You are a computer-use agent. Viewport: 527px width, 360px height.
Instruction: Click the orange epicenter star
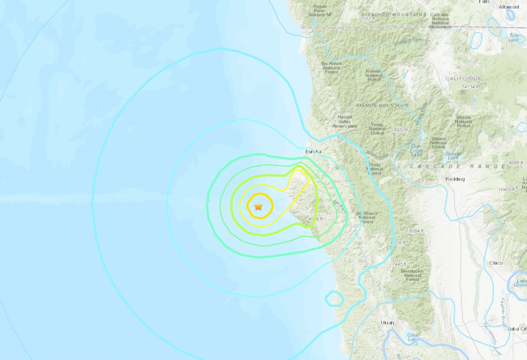(x=258, y=206)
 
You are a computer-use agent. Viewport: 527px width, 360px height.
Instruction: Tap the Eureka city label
(x=313, y=151)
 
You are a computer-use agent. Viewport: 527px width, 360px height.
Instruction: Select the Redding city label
(x=455, y=179)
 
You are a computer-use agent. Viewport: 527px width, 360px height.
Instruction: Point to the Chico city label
(x=496, y=263)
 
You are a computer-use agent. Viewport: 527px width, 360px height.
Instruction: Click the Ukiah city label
(x=387, y=323)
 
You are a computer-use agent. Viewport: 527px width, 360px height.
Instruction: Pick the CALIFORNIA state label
(x=463, y=78)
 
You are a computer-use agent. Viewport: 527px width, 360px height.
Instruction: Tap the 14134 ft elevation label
(x=470, y=87)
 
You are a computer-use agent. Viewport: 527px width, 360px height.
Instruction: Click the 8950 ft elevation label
(x=402, y=130)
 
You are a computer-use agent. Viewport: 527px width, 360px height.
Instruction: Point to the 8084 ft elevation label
(x=416, y=231)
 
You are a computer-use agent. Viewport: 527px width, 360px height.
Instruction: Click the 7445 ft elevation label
(x=399, y=264)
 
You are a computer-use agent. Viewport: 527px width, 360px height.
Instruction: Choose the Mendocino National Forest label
(x=412, y=275)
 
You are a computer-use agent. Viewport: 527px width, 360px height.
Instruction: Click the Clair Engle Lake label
(x=416, y=150)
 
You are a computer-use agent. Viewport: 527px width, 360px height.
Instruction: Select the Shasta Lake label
(x=453, y=155)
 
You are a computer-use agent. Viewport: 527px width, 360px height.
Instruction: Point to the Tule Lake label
(x=513, y=37)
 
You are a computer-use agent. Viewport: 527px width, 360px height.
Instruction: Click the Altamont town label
(x=509, y=7)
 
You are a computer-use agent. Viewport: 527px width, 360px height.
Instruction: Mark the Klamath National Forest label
(x=374, y=75)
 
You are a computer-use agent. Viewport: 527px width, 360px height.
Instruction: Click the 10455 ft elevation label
(x=507, y=189)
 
